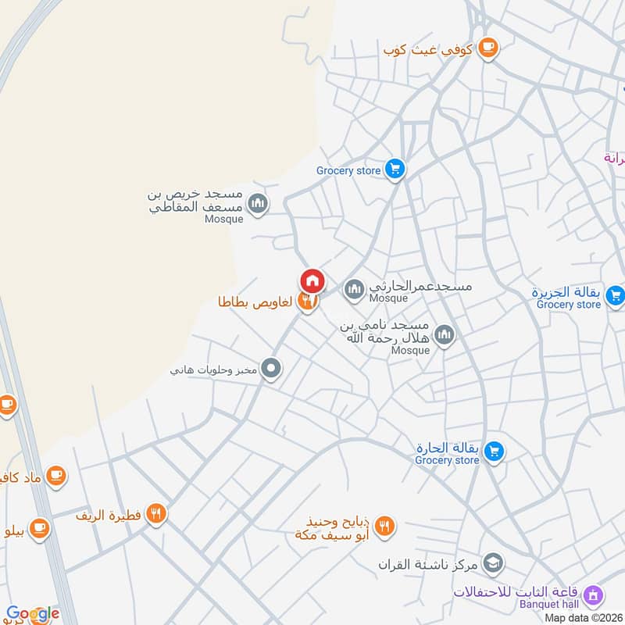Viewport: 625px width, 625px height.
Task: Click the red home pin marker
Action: pyautogui.click(x=312, y=280)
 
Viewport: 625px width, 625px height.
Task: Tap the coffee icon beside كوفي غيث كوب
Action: pyautogui.click(x=488, y=48)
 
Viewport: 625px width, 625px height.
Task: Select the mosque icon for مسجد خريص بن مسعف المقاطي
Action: pyautogui.click(x=258, y=205)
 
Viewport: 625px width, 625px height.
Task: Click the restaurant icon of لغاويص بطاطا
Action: pyautogui.click(x=308, y=302)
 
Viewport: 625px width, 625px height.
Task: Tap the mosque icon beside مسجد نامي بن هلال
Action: pyautogui.click(x=445, y=336)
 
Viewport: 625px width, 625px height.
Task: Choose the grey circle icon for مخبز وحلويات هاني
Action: pyautogui.click(x=271, y=367)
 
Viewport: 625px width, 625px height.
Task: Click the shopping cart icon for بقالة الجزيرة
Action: pyautogui.click(x=615, y=295)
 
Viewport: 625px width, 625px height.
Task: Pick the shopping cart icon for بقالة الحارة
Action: pyautogui.click(x=494, y=451)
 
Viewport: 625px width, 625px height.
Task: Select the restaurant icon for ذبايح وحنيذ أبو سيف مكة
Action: pyautogui.click(x=384, y=527)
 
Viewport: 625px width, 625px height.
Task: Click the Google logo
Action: pyautogui.click(x=33, y=614)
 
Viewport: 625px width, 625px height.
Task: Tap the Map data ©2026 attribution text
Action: pyautogui.click(x=584, y=618)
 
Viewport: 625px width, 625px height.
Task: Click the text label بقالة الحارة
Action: pyautogui.click(x=445, y=448)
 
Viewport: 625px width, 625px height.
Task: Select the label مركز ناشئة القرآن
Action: pyautogui.click(x=429, y=564)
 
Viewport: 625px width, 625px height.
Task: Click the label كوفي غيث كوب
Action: pyautogui.click(x=428, y=49)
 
